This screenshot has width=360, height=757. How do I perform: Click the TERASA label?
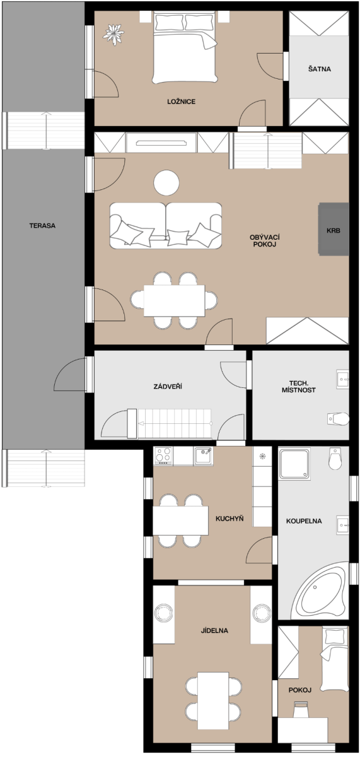[42, 226]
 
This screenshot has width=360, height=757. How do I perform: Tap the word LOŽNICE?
[182, 102]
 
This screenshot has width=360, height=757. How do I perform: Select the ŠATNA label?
[320, 69]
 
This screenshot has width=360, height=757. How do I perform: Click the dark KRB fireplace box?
[334, 229]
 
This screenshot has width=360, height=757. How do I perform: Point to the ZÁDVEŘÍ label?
[168, 386]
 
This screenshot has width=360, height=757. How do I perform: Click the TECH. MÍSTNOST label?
[299, 387]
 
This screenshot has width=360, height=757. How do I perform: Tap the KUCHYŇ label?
[229, 519]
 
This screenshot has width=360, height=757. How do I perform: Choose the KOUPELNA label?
[304, 521]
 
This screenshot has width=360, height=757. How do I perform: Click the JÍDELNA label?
[214, 631]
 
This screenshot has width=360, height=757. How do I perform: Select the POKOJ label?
[300, 690]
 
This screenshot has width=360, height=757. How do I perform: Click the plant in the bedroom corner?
[113, 34]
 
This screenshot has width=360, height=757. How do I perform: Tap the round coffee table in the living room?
[166, 182]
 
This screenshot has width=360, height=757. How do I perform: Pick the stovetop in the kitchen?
[163, 455]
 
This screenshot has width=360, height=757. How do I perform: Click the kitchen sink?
[203, 456]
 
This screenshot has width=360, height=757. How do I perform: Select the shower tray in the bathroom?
[294, 464]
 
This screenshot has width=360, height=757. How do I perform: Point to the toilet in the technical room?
[338, 420]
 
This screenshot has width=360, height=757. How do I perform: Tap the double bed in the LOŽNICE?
[185, 47]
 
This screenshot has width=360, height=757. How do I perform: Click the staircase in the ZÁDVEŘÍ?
[174, 423]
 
